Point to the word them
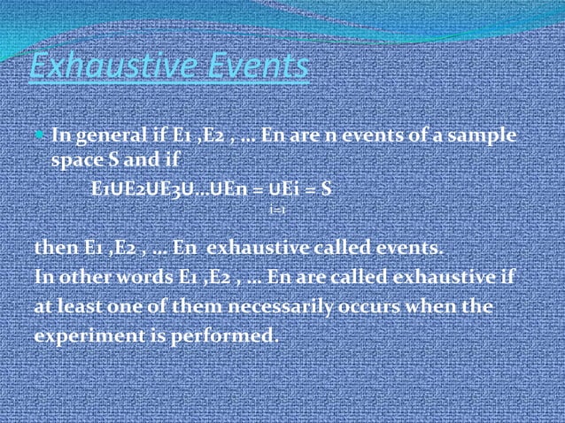pos(190,307)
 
